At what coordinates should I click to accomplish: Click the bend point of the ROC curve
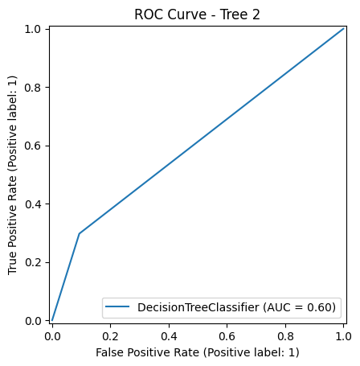(x=79, y=233)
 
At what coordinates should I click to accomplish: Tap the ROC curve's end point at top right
(x=344, y=29)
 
